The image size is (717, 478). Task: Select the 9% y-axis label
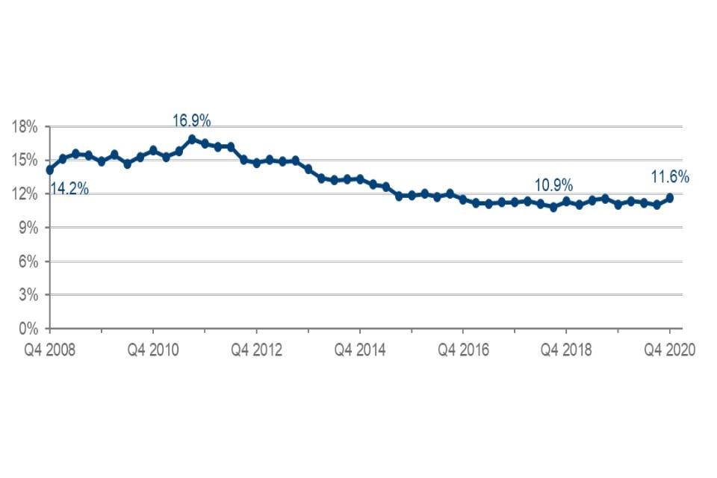(x=28, y=228)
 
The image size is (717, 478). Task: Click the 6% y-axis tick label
(x=28, y=261)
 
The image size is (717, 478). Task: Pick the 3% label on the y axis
(x=28, y=295)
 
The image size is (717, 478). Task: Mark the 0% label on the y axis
(x=28, y=329)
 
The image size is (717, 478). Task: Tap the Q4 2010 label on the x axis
(x=153, y=350)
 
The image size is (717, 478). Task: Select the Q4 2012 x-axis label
(x=256, y=350)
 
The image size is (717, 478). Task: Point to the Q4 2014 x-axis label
(x=359, y=350)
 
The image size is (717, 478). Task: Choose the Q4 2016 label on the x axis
(x=463, y=350)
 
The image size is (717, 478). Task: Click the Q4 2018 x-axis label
(x=566, y=350)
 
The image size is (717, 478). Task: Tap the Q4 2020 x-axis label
(x=669, y=350)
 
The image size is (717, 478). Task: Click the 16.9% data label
(x=192, y=119)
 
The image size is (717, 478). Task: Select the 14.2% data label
(x=69, y=189)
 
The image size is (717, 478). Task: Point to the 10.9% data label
(x=553, y=184)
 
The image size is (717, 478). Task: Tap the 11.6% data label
(x=669, y=178)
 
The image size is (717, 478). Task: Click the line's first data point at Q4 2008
(x=50, y=170)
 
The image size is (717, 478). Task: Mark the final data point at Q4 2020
(x=670, y=198)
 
